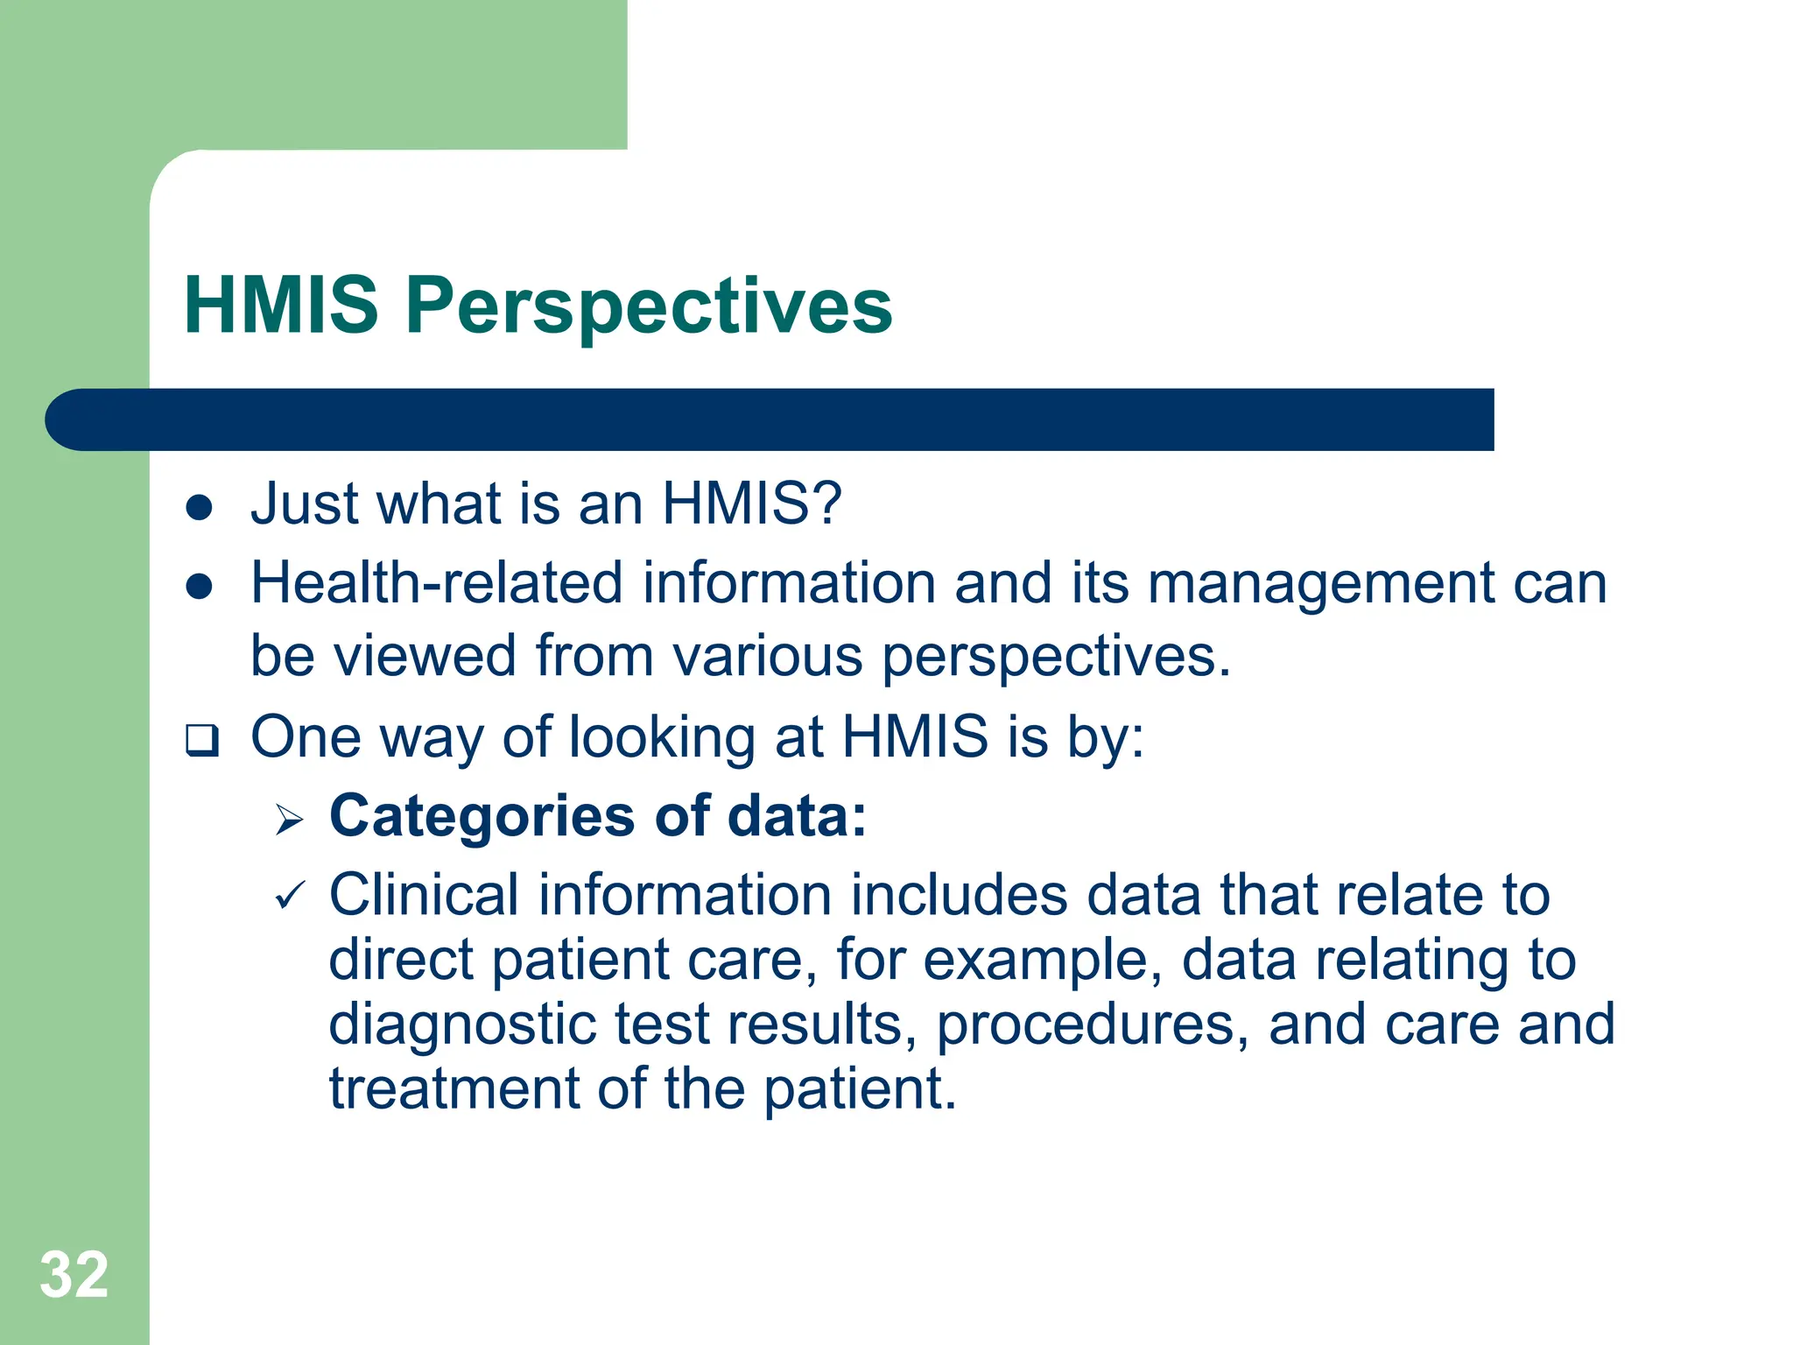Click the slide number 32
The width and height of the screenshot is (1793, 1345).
coord(74,1275)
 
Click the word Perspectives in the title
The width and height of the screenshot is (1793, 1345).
coord(649,306)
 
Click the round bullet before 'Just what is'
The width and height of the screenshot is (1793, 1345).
coord(200,507)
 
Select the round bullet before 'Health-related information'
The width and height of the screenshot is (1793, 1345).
coord(200,586)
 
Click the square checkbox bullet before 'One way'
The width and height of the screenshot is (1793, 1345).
coord(201,740)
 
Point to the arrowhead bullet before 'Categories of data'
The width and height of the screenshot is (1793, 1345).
coord(289,820)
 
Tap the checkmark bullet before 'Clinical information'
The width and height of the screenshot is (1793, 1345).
coord(290,897)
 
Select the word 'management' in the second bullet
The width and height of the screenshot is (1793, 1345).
coord(1321,584)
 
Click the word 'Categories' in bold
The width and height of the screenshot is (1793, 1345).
coord(482,816)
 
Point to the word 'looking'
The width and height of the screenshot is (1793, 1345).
coord(662,738)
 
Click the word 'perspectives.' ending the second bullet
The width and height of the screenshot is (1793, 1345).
coord(1056,657)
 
